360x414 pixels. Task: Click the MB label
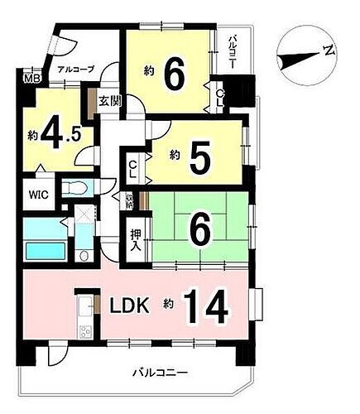[31, 79]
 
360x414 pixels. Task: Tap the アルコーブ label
[76, 70]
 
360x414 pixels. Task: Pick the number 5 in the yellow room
[198, 157]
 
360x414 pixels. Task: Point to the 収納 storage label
[128, 200]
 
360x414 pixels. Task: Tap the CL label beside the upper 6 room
[218, 96]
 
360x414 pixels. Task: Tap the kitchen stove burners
[86, 331]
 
